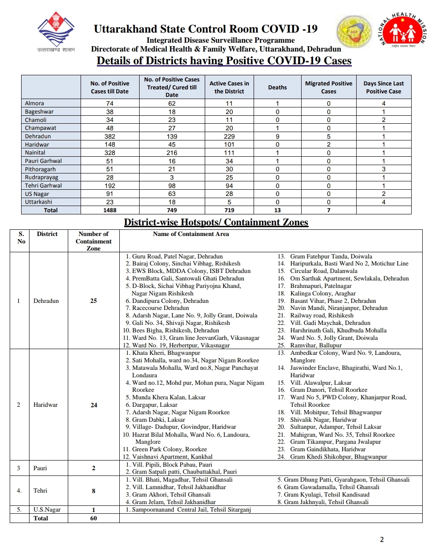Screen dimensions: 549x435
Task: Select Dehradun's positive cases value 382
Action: (x=110, y=136)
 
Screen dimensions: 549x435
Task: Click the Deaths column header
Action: (x=277, y=87)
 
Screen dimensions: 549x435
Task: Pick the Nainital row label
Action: (x=35, y=153)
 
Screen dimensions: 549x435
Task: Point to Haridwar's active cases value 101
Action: (x=229, y=144)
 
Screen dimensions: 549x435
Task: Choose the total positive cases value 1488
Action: (x=110, y=210)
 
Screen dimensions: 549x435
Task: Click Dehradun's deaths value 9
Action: (x=277, y=136)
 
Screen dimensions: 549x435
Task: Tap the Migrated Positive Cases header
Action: (x=328, y=87)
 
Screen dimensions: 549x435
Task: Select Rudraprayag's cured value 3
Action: (x=172, y=177)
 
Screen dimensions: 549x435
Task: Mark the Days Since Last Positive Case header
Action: (x=383, y=87)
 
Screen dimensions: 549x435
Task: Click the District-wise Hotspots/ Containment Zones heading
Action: (x=216, y=222)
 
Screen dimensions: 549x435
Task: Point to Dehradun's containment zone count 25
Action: (x=93, y=301)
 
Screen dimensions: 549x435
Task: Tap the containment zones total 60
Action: (x=93, y=518)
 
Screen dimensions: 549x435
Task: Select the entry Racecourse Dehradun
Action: (x=160, y=308)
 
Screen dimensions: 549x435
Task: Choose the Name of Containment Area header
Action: (x=191, y=234)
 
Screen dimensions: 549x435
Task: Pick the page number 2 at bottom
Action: (x=382, y=539)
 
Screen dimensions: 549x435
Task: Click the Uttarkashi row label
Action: (x=39, y=202)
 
